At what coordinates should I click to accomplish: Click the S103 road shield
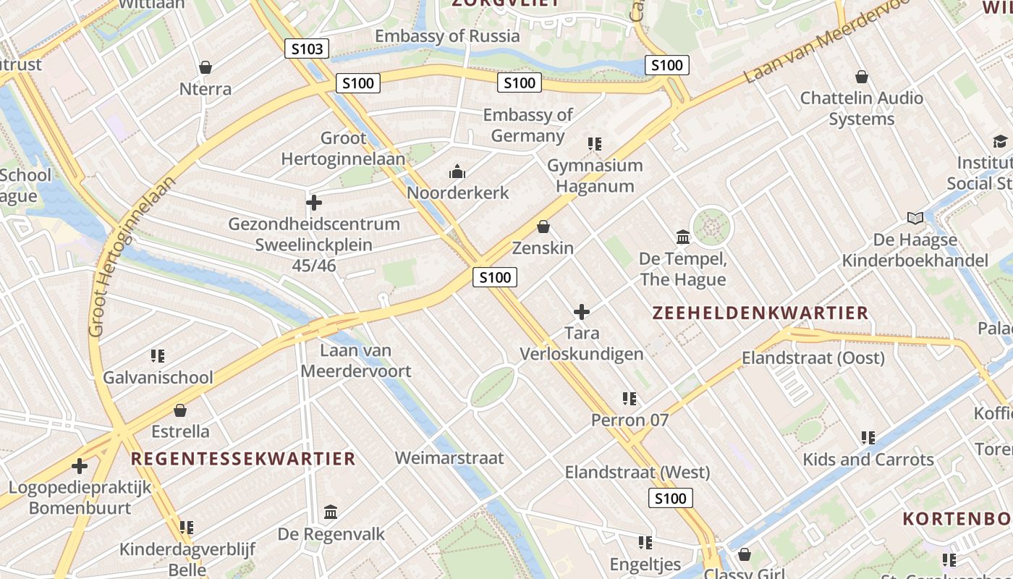306,49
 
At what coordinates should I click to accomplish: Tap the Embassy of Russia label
446,35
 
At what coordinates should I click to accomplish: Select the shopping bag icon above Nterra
205,67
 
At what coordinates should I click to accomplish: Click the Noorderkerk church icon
457,172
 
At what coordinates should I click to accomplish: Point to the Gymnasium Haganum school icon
595,144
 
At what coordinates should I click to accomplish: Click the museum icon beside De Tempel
682,237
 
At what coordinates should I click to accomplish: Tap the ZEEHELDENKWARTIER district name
760,313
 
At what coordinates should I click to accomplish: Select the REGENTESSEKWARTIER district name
243,458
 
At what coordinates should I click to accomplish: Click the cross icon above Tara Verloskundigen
581,312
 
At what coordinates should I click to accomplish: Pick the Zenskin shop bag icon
543,227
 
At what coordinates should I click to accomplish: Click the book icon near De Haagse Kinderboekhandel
915,218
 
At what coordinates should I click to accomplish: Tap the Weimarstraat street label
449,457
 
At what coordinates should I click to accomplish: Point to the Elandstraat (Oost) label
813,358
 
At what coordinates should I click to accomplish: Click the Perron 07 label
630,420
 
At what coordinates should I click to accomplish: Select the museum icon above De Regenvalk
331,512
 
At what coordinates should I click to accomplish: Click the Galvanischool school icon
158,355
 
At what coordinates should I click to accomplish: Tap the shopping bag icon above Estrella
180,410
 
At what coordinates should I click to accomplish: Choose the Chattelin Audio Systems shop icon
862,76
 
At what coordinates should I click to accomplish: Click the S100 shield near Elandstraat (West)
669,498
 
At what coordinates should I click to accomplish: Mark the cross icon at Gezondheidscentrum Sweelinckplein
314,202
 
